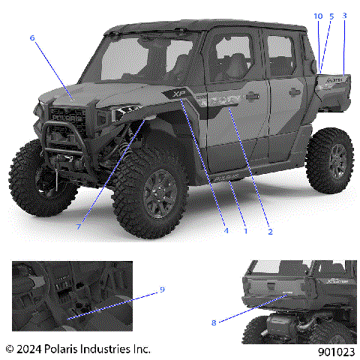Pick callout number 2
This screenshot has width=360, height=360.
tap(269, 232)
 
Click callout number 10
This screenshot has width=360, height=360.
tap(318, 16)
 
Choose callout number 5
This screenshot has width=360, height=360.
tap(331, 16)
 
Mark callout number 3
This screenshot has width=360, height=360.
tap(344, 16)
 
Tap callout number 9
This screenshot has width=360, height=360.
tap(162, 289)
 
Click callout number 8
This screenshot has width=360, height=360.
tap(214, 322)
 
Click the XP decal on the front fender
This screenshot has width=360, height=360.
tap(178, 94)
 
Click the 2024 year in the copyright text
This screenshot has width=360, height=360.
tap(30, 349)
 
